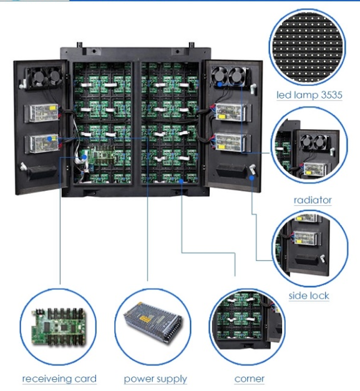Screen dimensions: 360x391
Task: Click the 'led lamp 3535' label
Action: pyautogui.click(x=309, y=95)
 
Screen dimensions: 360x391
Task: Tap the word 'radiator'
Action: pyautogui.click(x=313, y=200)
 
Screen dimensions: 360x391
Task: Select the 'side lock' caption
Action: pyautogui.click(x=309, y=296)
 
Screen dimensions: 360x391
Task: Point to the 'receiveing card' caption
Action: pyautogui.click(x=59, y=379)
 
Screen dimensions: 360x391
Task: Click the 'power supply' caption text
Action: pyautogui.click(x=155, y=379)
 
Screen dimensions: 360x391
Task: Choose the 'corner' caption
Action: pyautogui.click(x=250, y=379)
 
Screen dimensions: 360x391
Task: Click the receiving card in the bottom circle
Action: pyautogui.click(x=58, y=327)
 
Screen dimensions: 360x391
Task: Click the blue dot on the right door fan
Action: pyautogui.click(x=220, y=85)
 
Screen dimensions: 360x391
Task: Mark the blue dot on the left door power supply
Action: pyautogui.click(x=50, y=138)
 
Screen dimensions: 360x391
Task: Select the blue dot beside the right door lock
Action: pyautogui.click(x=251, y=178)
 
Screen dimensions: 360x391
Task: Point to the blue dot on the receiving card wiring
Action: pyautogui.click(x=84, y=157)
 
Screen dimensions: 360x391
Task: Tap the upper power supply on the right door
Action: pyautogui.click(x=231, y=112)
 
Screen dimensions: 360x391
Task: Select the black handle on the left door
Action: pyautogui.click(x=41, y=171)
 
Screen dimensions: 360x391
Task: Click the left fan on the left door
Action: pyautogui.click(x=37, y=77)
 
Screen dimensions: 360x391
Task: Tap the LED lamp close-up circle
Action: pyautogui.click(x=308, y=48)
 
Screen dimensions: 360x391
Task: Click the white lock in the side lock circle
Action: pyautogui.click(x=323, y=258)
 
